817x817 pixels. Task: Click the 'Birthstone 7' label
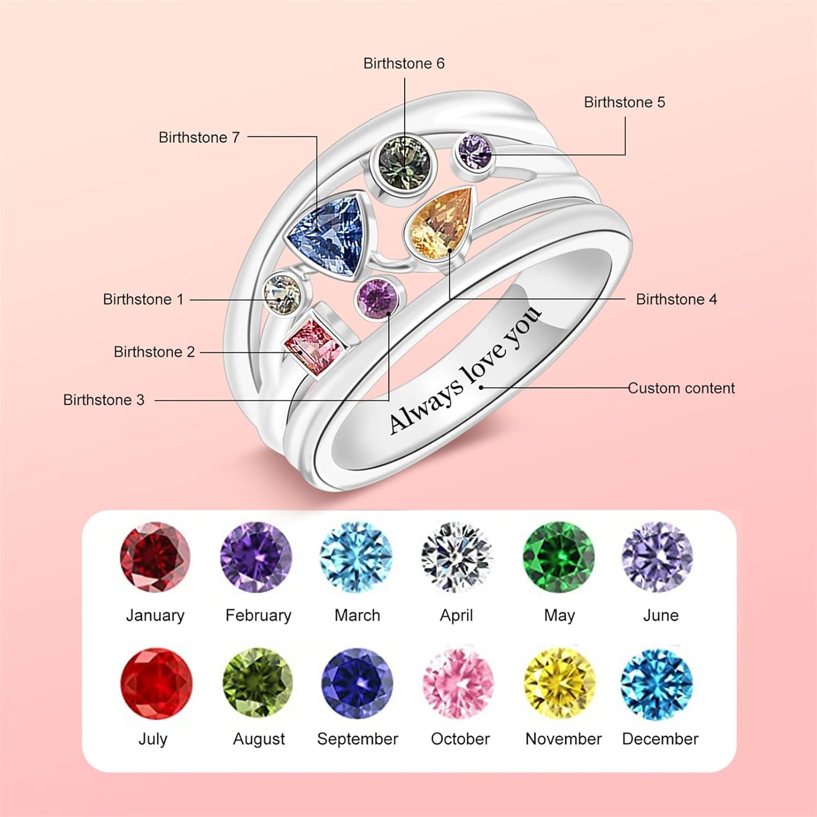(199, 137)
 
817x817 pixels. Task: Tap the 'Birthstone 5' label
(624, 102)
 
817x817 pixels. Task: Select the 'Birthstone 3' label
(103, 400)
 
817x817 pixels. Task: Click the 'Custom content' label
(681, 388)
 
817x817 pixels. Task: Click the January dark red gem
(155, 557)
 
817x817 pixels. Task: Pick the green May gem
(559, 557)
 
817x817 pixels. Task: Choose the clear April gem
(456, 557)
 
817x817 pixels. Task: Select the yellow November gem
(559, 684)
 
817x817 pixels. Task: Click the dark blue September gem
(357, 684)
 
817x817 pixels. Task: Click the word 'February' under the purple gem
(258, 615)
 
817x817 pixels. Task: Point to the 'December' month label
(660, 739)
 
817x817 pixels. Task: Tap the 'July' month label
(153, 739)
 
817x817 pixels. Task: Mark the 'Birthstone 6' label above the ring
(404, 64)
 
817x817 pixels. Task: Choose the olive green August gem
(258, 684)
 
